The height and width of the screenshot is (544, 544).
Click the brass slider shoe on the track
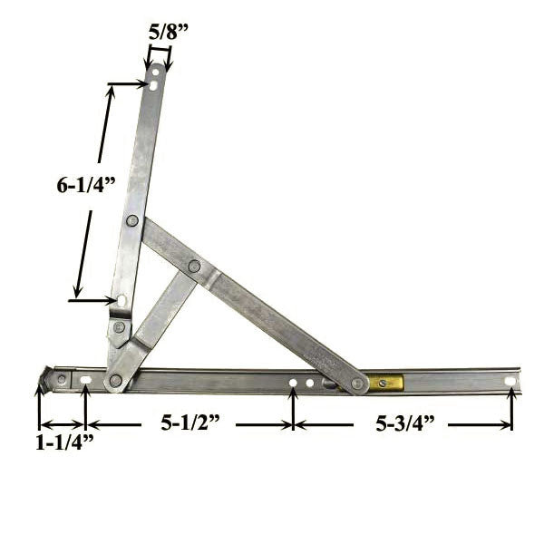pyautogui.click(x=385, y=383)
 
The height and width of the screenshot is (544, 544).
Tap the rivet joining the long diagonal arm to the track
pyautogui.click(x=357, y=384)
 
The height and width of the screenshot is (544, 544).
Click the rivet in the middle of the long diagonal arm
pyautogui.click(x=194, y=266)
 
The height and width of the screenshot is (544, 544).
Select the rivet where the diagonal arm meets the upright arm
pyautogui.click(x=132, y=220)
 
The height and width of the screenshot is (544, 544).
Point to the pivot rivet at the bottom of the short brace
pyautogui.click(x=115, y=380)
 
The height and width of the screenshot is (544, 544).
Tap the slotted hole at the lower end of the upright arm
pyautogui.click(x=122, y=300)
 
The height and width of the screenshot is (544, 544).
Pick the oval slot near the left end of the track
pyautogui.click(x=84, y=381)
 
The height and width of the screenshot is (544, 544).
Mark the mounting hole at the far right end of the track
pyautogui.click(x=510, y=382)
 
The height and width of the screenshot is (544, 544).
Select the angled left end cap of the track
pyautogui.click(x=47, y=376)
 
